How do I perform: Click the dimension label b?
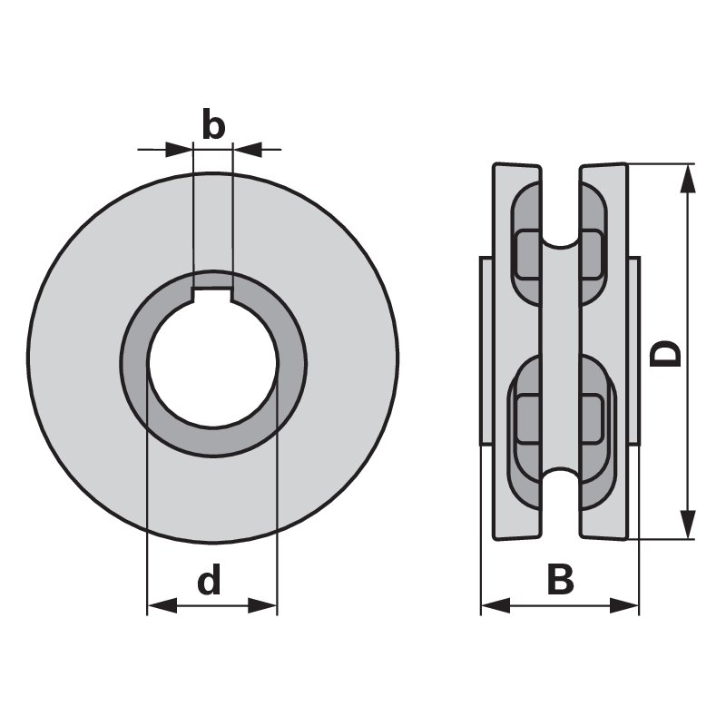[x=213, y=123]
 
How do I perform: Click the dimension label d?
[x=210, y=578]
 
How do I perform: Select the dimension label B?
[x=560, y=579]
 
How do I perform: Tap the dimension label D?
[x=665, y=354]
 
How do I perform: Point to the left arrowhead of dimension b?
[x=179, y=150]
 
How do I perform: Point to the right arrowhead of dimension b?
[x=247, y=150]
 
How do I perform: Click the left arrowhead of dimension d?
[x=162, y=605]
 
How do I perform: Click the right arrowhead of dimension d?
[x=262, y=605]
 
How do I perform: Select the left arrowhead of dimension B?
[x=495, y=605]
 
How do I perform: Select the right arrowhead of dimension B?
[x=624, y=605]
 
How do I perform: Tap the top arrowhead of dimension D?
[x=689, y=178]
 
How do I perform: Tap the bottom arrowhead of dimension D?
[x=689, y=525]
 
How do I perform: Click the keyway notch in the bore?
[x=212, y=294]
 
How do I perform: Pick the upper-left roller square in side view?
[x=528, y=255]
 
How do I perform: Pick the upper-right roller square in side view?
[x=592, y=255]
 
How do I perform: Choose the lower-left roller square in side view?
[x=528, y=419]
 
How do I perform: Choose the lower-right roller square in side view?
[x=592, y=419]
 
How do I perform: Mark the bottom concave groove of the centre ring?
[x=560, y=475]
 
